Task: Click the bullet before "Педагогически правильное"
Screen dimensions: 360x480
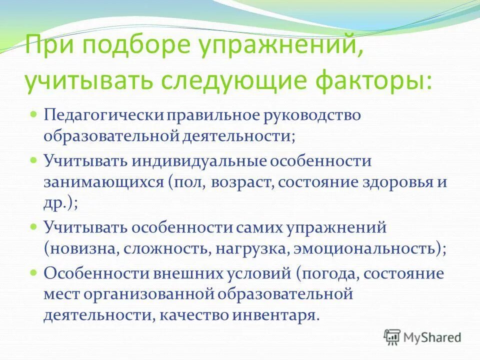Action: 33,114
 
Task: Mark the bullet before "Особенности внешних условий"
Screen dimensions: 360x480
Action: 33,273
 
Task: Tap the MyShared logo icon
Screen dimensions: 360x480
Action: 392,337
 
